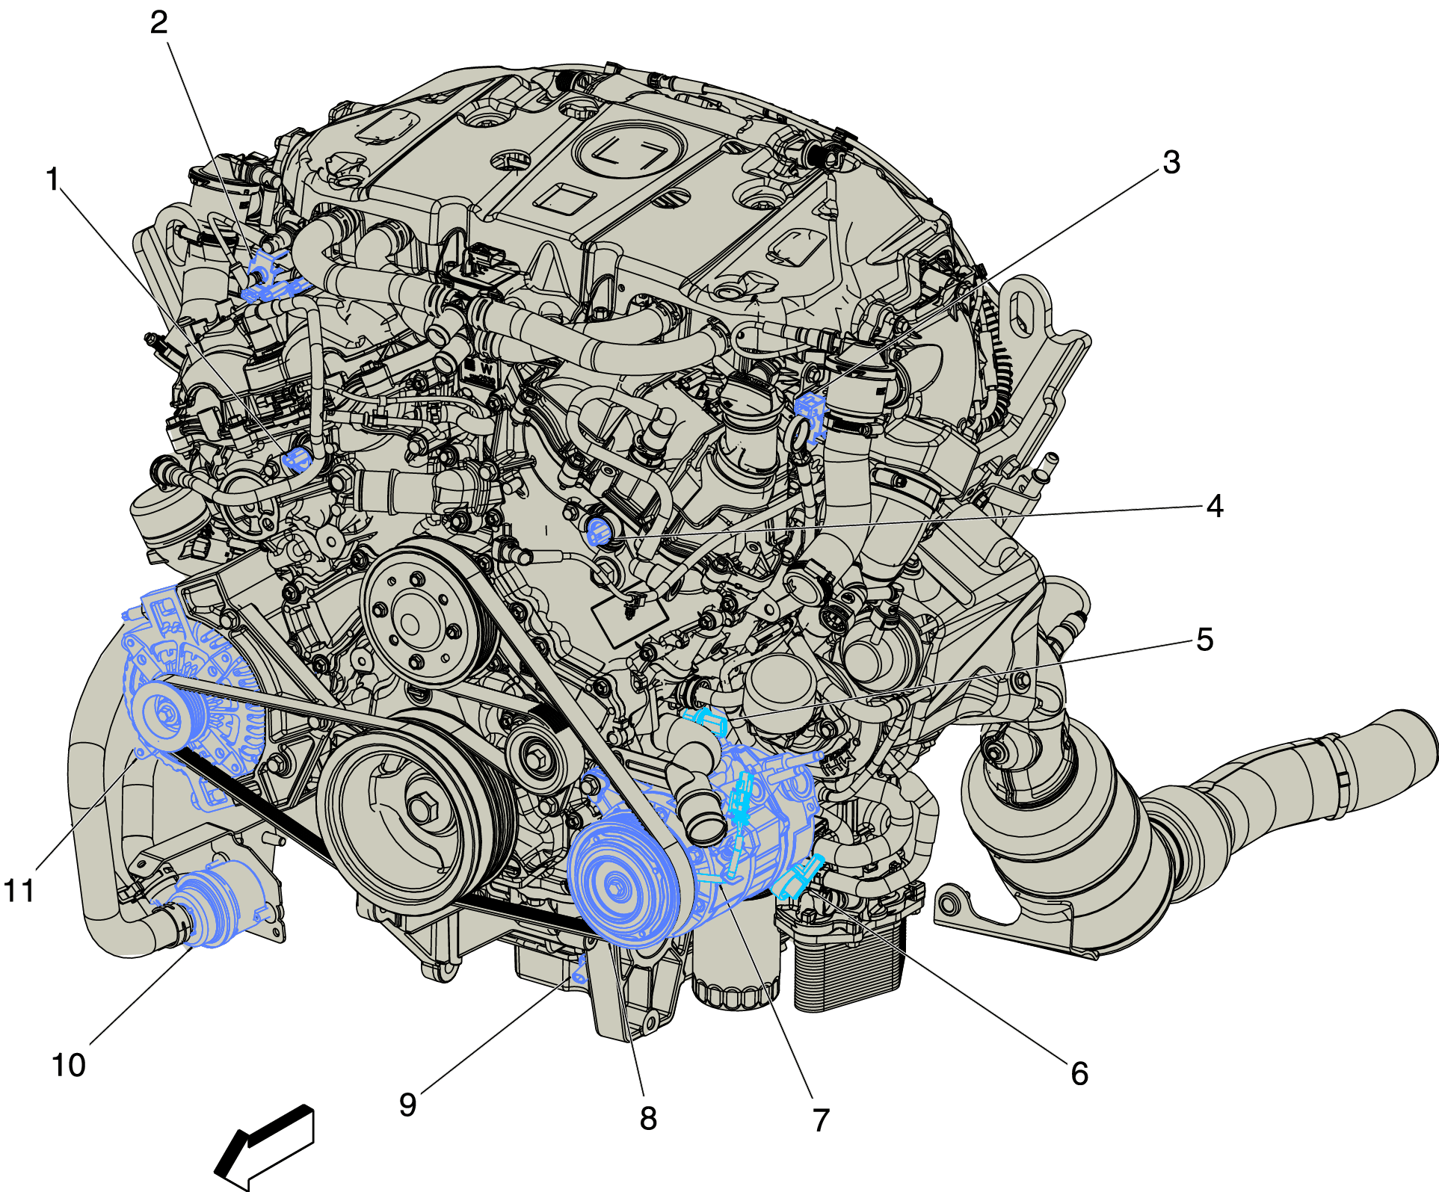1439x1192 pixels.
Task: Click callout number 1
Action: (52, 179)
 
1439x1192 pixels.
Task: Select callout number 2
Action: (158, 22)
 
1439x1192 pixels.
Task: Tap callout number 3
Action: (1171, 162)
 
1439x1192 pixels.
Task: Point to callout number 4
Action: (1215, 506)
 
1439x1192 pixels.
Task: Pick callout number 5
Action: (1204, 640)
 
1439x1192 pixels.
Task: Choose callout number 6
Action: (1079, 1074)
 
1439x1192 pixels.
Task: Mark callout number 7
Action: (821, 1120)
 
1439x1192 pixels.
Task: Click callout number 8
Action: (648, 1119)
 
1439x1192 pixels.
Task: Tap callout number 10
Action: (69, 1065)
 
